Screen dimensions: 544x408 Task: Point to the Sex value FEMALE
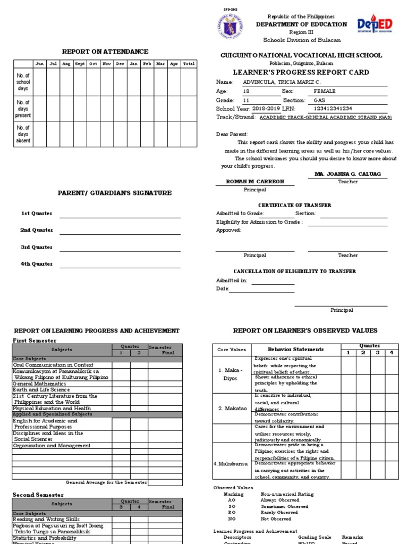point(325,91)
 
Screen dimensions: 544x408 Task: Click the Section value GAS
point(320,100)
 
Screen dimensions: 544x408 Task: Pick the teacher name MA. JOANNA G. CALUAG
point(348,174)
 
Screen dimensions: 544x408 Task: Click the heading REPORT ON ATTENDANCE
point(105,52)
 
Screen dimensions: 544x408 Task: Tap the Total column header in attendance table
point(189,64)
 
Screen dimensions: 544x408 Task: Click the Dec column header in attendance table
point(120,64)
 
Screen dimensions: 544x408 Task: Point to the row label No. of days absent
point(23,134)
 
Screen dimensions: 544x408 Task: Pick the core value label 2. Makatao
point(231,408)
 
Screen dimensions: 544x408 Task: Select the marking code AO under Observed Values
point(232,500)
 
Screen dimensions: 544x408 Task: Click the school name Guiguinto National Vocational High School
point(301,55)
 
